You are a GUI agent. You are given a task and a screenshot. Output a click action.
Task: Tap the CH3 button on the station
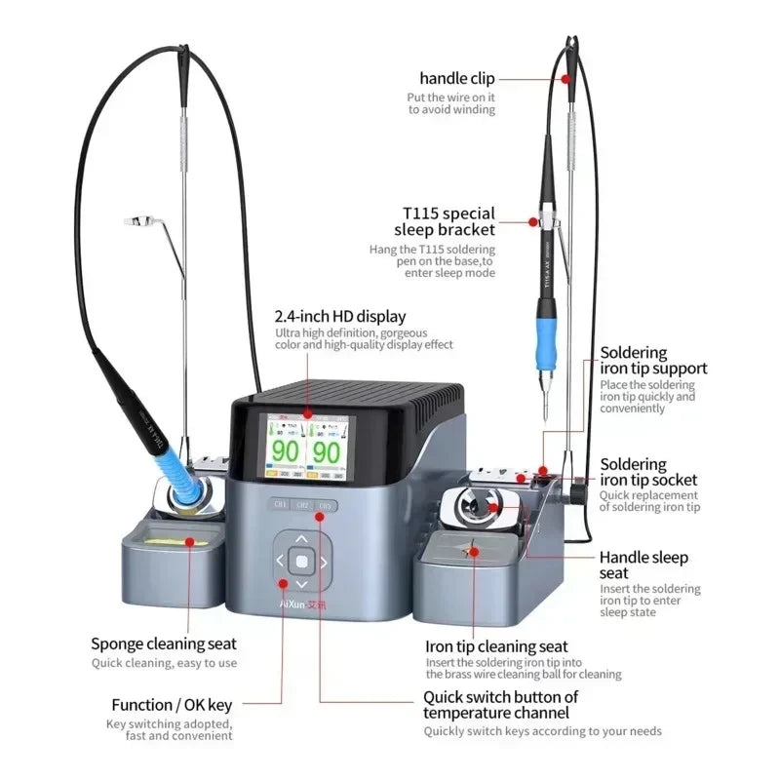click(x=326, y=505)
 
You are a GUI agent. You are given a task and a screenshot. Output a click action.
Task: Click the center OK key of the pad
click(x=301, y=561)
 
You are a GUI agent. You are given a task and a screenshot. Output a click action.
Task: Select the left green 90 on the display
click(x=284, y=451)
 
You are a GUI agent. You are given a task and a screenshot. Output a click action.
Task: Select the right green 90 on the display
click(x=328, y=451)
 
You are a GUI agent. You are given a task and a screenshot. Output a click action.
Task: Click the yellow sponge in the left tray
click(x=173, y=539)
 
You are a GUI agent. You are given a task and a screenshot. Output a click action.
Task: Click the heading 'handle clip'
click(x=457, y=78)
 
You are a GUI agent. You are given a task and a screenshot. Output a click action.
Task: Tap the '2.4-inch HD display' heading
click(x=340, y=316)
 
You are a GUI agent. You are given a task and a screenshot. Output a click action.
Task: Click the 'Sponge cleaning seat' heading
click(x=164, y=643)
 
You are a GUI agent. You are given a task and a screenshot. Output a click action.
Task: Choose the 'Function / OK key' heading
click(x=172, y=705)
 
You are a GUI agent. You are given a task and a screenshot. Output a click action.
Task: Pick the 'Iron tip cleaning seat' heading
click(x=496, y=645)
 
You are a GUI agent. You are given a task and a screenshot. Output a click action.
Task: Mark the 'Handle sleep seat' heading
click(x=643, y=565)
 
